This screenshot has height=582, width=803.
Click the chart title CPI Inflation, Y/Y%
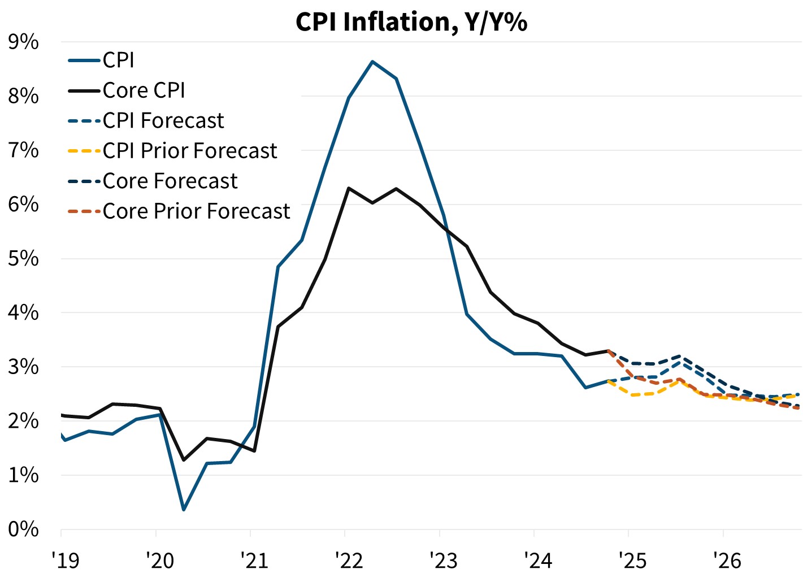coord(411,22)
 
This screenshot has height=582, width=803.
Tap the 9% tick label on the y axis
coord(23,42)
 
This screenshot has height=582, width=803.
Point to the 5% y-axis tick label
coord(23,258)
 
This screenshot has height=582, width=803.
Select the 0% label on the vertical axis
coord(23,529)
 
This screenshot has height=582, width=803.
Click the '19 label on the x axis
coord(65,561)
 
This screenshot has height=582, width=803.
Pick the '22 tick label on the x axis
coord(349,561)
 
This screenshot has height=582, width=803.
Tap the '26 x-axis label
coord(727,561)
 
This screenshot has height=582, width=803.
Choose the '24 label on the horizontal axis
coord(538,561)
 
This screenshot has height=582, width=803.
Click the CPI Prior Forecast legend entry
coord(190,151)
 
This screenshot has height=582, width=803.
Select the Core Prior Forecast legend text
coord(196,211)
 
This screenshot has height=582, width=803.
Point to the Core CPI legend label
coord(144,90)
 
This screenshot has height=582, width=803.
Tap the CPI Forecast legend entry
coord(163,121)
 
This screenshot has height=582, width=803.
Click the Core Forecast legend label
coord(170,181)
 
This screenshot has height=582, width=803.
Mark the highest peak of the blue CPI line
coord(372,61)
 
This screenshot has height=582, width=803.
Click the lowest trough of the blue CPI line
coord(184,510)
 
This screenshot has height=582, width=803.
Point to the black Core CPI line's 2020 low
coord(184,460)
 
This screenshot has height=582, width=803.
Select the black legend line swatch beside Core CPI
coord(84,90)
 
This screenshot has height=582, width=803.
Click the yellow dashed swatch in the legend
coord(84,151)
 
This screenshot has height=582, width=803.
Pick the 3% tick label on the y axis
coord(23,367)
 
